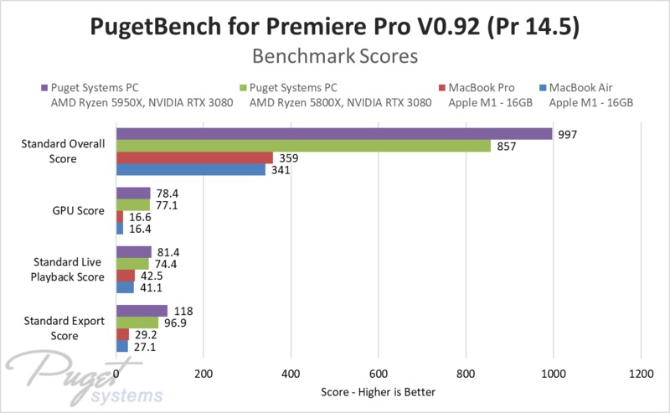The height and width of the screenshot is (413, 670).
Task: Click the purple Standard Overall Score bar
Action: (x=334, y=134)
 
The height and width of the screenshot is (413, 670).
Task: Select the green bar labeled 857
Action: (x=303, y=146)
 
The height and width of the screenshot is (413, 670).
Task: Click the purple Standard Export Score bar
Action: (x=142, y=311)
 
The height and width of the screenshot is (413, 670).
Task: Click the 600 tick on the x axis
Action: (x=379, y=372)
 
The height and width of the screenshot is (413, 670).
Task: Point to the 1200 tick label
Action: (x=641, y=372)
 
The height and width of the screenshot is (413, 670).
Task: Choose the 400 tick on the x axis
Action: (x=291, y=372)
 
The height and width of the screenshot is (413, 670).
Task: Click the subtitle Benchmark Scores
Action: (x=335, y=57)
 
